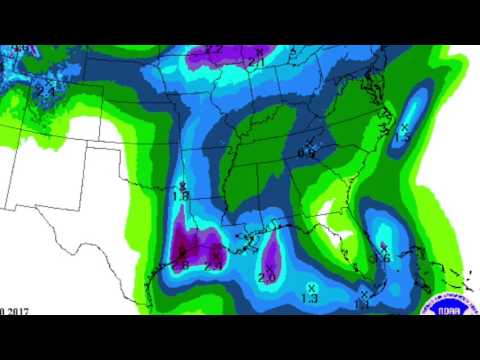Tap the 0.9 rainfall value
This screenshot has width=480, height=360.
(x=306, y=153)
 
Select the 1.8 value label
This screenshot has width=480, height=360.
(x=181, y=197)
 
